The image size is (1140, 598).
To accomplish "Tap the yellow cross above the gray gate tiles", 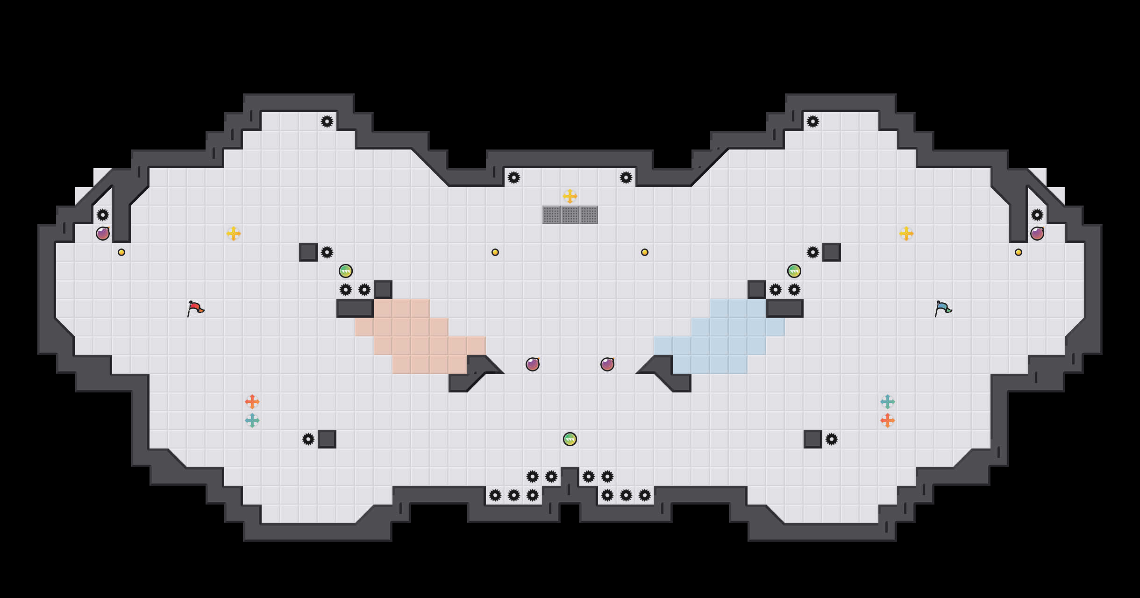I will coord(570,196).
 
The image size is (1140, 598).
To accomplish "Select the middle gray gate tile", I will coord(570,215).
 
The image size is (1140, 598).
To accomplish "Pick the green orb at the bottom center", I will coord(570,439).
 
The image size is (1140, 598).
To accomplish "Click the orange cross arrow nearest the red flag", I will coord(252,402).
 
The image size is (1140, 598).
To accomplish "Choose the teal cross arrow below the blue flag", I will coord(888,402).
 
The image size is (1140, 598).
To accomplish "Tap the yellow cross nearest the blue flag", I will coord(906,234).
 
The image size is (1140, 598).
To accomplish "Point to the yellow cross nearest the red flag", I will coord(234,234).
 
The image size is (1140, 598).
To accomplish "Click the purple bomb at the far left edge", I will coord(103,234).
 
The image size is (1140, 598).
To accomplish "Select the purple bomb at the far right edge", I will coord(1037,234).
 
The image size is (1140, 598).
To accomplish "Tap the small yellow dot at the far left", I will coord(121,252).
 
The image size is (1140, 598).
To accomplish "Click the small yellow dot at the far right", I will coord(1019,252).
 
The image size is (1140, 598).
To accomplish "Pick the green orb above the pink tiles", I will coord(346,271).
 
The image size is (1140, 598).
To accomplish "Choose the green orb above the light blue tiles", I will coord(794,271).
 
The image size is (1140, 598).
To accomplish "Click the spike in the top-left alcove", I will coord(327,121).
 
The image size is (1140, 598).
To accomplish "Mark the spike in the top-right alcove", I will coord(813,121).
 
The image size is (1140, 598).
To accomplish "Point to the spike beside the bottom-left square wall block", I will coord(308,439).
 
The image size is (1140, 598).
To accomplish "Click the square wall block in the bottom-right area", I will coord(813,439).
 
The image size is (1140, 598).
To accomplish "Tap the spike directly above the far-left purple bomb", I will coord(103,215).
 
